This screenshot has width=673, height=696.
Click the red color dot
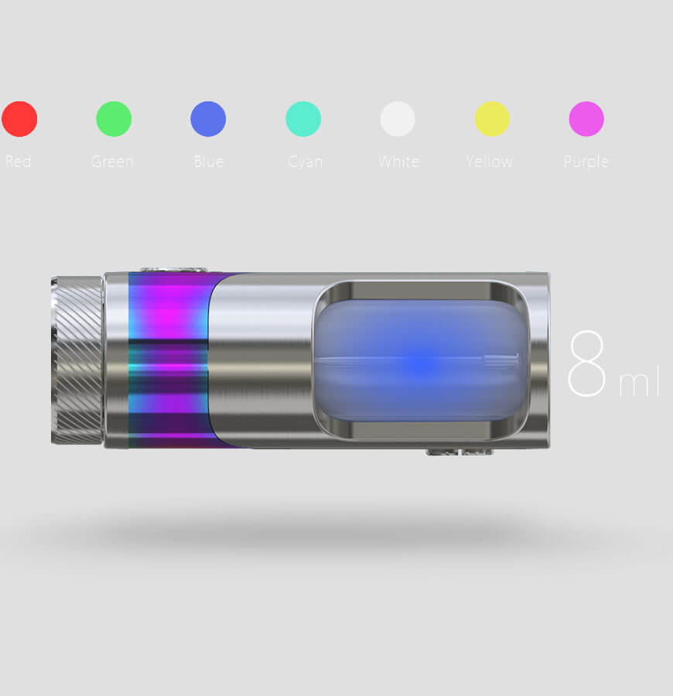point(19,119)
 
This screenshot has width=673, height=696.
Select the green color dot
point(114,119)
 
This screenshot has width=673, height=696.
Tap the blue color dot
point(208,119)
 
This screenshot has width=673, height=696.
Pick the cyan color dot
point(303,119)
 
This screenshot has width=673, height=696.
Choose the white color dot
point(398,119)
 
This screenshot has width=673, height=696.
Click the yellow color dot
point(492,119)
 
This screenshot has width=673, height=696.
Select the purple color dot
point(586,119)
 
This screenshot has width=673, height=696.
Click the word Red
point(19,161)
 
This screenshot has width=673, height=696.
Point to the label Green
point(112,161)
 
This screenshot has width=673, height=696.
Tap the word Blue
point(209,161)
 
